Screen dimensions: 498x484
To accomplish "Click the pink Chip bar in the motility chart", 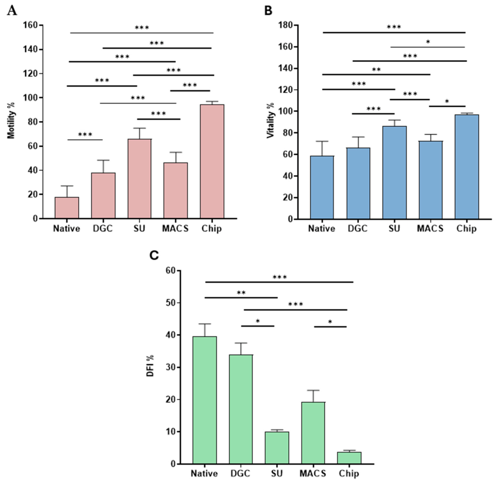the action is [212, 161].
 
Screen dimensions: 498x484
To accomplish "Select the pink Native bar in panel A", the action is [66, 208].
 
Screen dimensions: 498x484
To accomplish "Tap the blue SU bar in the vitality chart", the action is [394, 173].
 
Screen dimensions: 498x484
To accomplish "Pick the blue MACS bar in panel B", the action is [430, 180].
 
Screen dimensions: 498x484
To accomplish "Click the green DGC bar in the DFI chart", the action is [241, 409].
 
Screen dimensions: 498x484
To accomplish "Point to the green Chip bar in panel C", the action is [349, 458].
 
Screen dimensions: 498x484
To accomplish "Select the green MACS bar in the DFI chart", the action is [313, 433].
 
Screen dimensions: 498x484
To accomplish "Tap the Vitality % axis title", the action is [270, 120].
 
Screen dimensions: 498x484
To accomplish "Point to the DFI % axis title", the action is [150, 366].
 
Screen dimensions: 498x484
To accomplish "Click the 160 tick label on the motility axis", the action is [30, 25].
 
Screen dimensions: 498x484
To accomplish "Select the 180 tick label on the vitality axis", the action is [286, 25].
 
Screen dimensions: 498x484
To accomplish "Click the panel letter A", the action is [12, 11].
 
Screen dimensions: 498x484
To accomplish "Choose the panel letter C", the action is [154, 255].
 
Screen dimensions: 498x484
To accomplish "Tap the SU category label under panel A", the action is [139, 228].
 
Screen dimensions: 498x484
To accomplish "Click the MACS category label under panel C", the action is [313, 474].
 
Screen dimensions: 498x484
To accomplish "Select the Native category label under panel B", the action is [322, 229].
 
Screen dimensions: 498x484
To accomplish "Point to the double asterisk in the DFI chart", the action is [242, 292].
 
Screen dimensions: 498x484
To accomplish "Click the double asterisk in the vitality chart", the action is [376, 69].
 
